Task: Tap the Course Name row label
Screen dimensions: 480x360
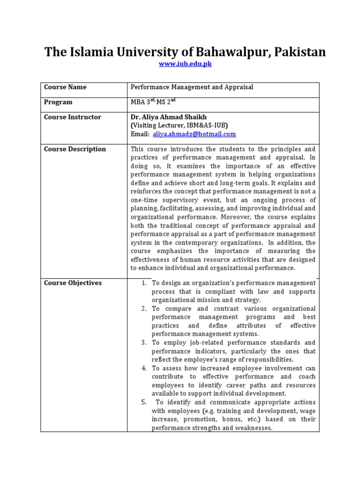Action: coord(65,87)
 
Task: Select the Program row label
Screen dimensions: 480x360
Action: coord(58,102)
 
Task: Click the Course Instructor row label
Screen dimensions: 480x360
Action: coord(72,117)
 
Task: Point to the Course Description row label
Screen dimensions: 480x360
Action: coord(75,149)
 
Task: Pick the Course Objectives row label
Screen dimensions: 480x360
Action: coord(73,283)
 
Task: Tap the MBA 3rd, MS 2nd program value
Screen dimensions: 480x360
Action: coord(153,102)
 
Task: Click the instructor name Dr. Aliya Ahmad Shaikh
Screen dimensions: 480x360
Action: coord(168,117)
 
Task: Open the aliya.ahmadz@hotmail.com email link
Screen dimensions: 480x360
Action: coord(194,134)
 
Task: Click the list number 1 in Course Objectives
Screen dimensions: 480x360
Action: coord(143,283)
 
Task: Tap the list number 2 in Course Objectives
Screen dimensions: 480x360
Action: coord(143,308)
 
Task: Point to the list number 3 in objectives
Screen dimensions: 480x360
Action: coord(143,343)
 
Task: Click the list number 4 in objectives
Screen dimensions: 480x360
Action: coord(143,368)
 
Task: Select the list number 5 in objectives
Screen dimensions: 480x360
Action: coord(143,402)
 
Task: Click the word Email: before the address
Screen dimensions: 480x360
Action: coord(140,134)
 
